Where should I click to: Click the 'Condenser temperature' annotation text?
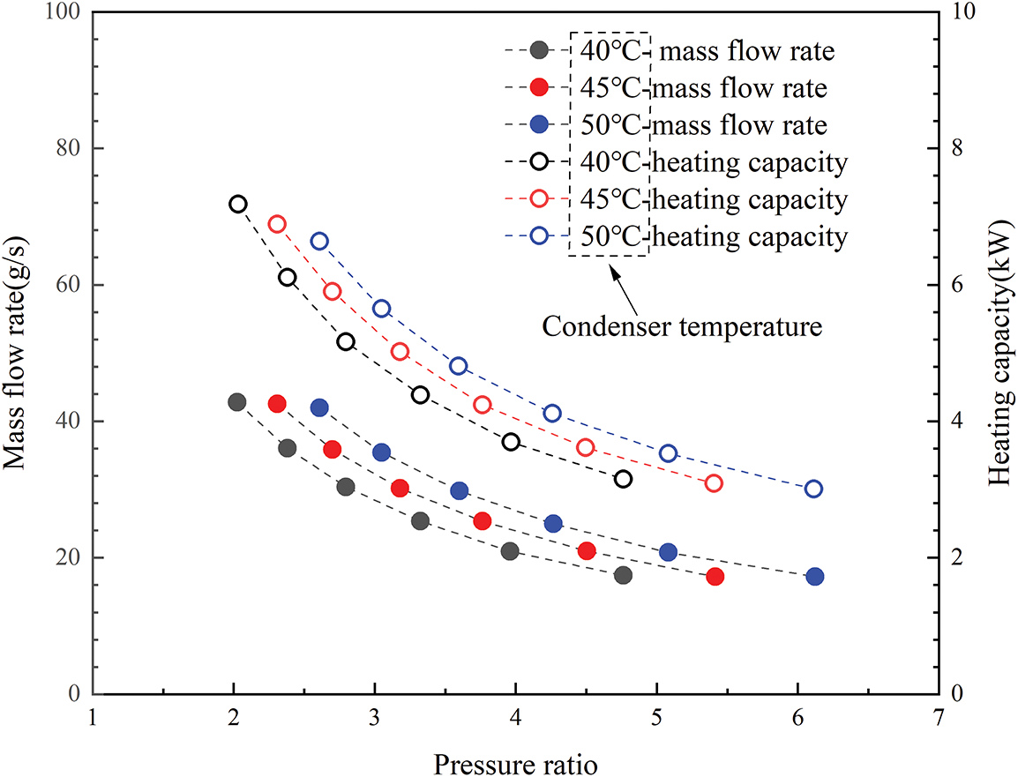pyautogui.click(x=682, y=327)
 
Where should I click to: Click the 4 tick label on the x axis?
pyautogui.click(x=515, y=716)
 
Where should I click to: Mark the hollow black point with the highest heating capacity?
pyautogui.click(x=237, y=204)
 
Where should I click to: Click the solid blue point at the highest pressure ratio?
pyautogui.click(x=815, y=577)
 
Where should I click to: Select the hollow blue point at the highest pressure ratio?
pyautogui.click(x=813, y=489)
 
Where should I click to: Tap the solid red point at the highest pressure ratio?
pyautogui.click(x=715, y=577)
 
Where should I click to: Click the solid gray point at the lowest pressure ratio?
pyautogui.click(x=236, y=402)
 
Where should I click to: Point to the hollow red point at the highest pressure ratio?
pyautogui.click(x=714, y=483)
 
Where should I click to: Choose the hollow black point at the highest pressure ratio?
pyautogui.click(x=624, y=479)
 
